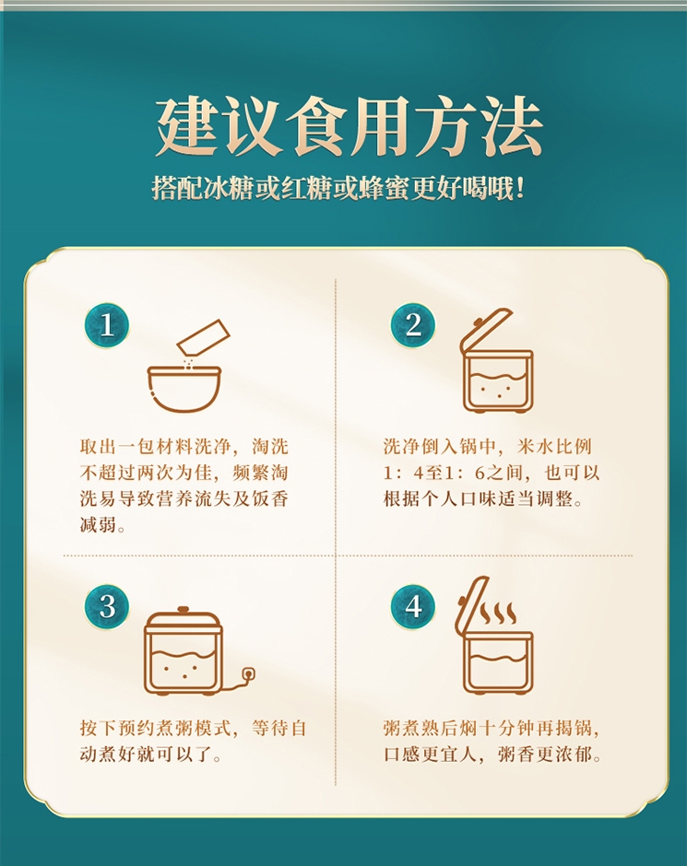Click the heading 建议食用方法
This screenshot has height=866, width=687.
click(x=349, y=126)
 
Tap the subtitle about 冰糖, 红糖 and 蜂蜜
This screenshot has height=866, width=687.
click(x=338, y=189)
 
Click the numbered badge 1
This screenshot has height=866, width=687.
click(x=107, y=325)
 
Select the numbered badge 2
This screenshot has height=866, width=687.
click(x=413, y=325)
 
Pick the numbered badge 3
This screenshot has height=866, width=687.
click(x=107, y=607)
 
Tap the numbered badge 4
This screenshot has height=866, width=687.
click(x=413, y=607)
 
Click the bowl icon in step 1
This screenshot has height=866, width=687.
click(x=184, y=389)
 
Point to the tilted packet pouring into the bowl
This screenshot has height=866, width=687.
click(x=203, y=337)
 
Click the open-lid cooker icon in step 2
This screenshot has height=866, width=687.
click(x=496, y=360)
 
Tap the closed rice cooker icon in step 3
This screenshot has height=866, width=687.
click(x=183, y=650)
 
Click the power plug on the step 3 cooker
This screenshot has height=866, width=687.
click(x=248, y=673)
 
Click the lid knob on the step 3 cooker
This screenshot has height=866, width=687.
click(x=183, y=610)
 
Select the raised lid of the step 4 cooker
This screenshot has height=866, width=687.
click(x=471, y=603)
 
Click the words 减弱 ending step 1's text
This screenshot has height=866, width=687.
click(x=98, y=524)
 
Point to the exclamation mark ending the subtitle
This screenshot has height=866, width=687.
click(x=519, y=189)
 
